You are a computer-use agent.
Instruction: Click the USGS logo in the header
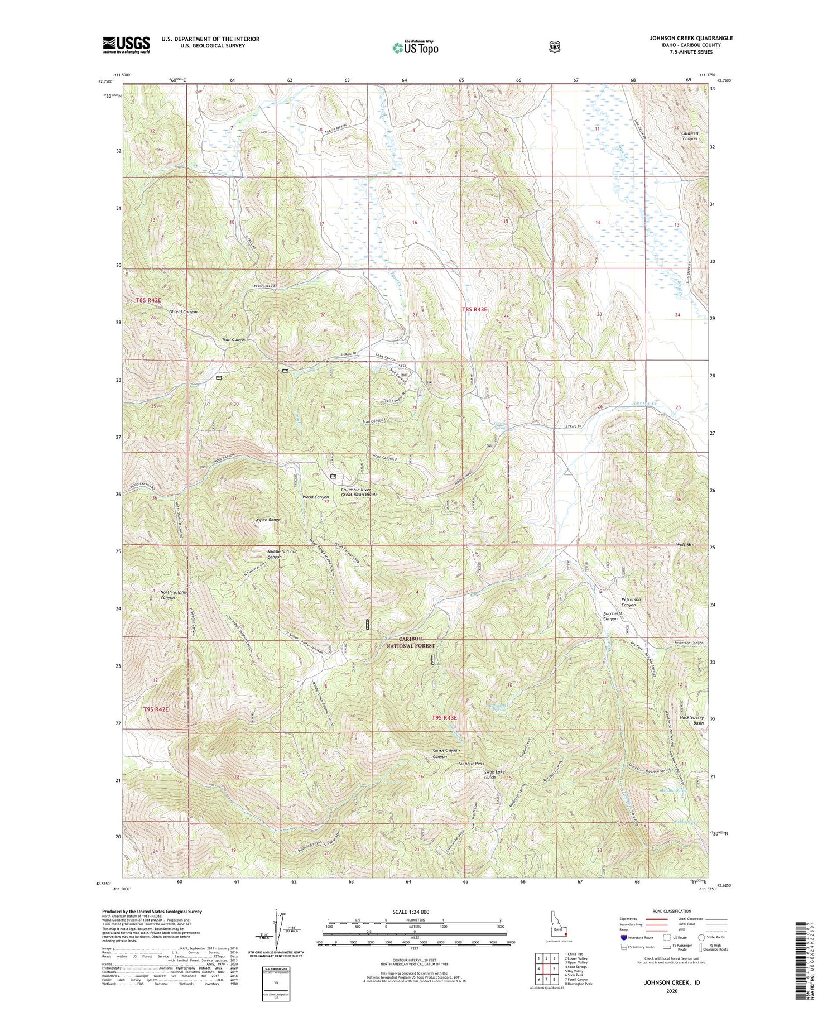(x=126, y=44)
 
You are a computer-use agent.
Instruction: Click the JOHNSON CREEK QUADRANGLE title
(x=691, y=39)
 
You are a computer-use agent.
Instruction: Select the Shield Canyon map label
(x=184, y=312)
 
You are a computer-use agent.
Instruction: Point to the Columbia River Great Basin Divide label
(x=359, y=492)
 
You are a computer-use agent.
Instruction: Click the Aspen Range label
(x=268, y=520)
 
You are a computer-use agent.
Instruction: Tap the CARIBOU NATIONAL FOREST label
(x=410, y=642)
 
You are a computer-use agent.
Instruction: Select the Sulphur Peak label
(x=472, y=763)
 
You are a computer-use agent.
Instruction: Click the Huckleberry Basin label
(x=692, y=720)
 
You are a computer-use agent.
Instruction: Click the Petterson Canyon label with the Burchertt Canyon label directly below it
(x=631, y=602)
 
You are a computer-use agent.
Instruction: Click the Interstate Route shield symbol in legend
(x=624, y=937)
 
